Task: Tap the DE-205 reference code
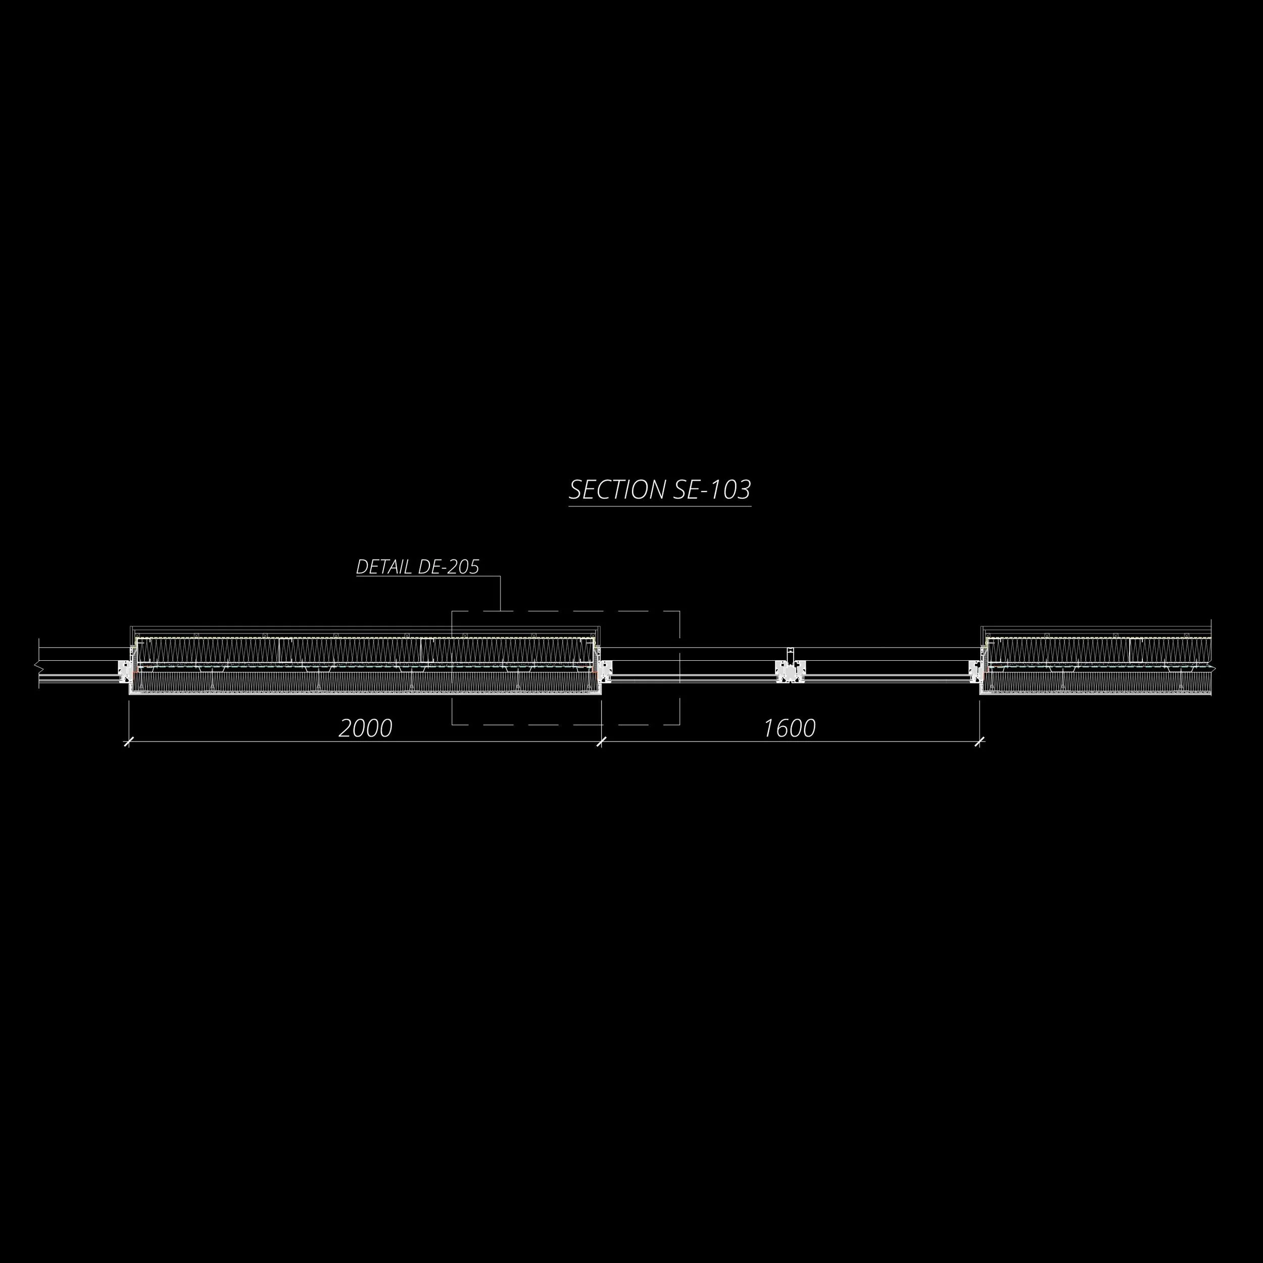pos(449,567)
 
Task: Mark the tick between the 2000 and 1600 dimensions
pos(601,741)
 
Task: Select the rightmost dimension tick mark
pos(979,741)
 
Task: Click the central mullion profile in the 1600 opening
pos(790,670)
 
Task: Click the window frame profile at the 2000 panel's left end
pos(124,671)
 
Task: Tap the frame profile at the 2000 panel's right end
pos(606,671)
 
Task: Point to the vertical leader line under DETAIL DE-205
pos(501,593)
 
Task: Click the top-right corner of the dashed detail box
pos(680,611)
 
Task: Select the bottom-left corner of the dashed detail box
pos(452,724)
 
